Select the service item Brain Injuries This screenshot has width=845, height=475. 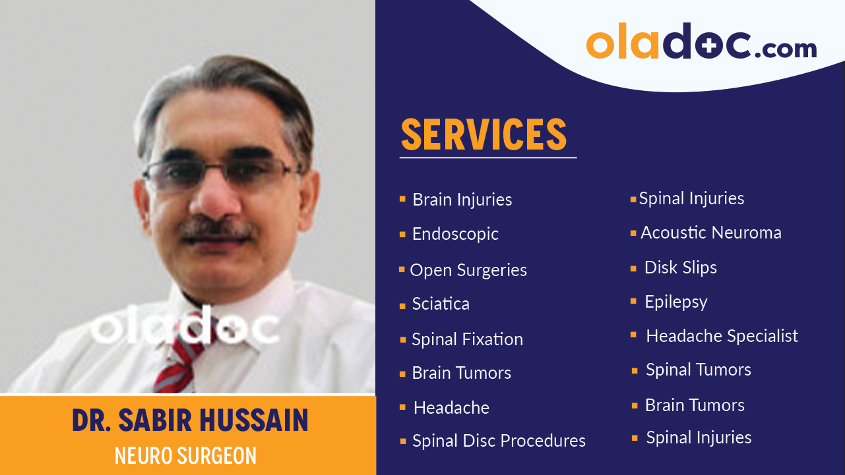point(462,200)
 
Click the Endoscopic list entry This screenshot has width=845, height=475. point(455,234)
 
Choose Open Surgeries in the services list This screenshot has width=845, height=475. point(468,270)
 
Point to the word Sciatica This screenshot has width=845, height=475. point(441,304)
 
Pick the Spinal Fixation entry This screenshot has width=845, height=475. point(467,339)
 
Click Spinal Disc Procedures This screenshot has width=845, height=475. point(499,441)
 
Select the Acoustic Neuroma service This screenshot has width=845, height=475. point(711,233)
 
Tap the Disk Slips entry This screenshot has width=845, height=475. point(680,267)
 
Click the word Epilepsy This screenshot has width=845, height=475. point(676,302)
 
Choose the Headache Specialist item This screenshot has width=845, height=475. point(722,336)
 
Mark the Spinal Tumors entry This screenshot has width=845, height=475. point(698,370)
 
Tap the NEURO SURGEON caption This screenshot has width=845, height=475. point(185,455)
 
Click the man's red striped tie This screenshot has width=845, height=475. point(175,359)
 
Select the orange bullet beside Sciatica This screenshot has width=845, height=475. point(402,306)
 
